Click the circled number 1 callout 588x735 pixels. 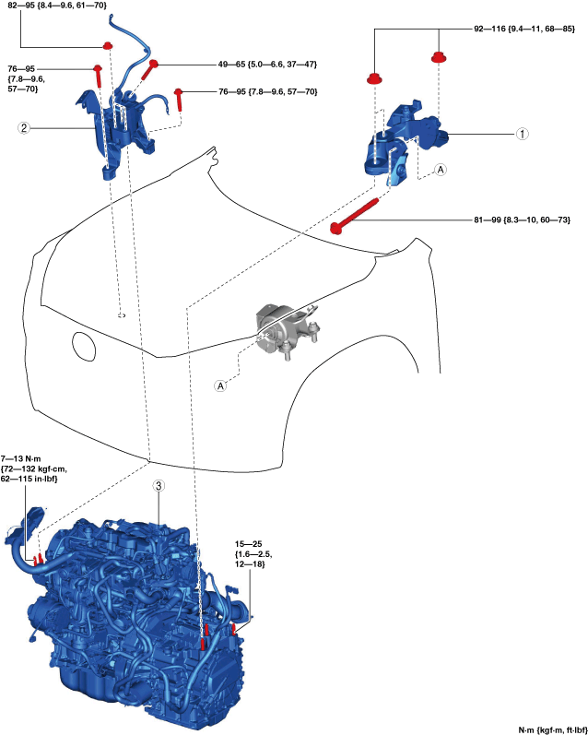coord(522,133)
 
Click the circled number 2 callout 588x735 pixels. coord(23,128)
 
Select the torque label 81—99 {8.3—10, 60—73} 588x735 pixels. coord(522,220)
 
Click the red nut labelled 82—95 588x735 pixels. coord(108,46)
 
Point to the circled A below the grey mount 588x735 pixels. coord(220,385)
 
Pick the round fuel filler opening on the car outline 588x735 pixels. coord(84,347)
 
